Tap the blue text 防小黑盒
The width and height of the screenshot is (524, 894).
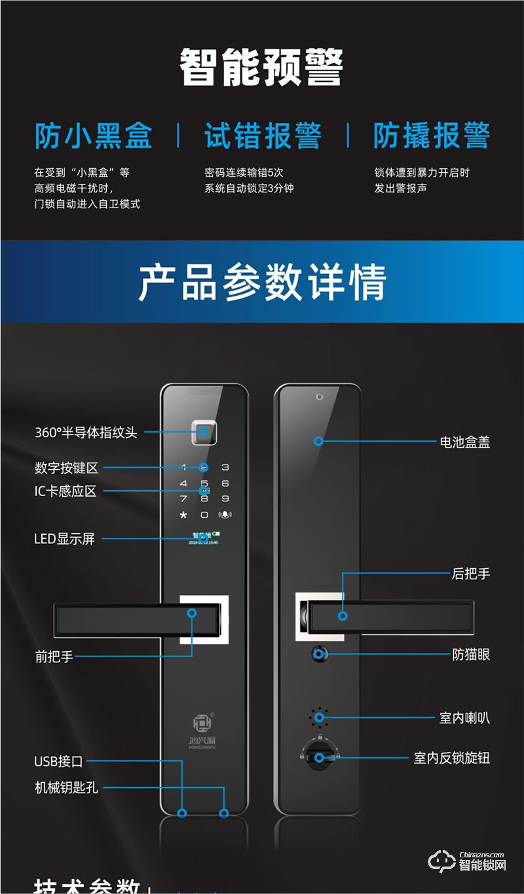coord(93,135)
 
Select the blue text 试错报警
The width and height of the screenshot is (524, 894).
coord(263,135)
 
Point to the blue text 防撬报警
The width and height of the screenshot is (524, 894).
coord(432,135)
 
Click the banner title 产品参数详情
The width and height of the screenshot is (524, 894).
coord(262,283)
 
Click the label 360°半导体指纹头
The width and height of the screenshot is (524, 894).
coord(86,433)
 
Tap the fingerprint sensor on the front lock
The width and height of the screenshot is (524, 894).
coord(204,432)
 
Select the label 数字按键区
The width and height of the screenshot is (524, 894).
coord(66,468)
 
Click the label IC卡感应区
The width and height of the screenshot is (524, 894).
coord(65,491)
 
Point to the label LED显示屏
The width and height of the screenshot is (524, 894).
coord(64,539)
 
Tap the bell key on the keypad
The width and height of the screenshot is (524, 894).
coord(225,515)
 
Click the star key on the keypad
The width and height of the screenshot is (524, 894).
coord(184,516)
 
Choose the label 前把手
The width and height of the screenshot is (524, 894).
coord(54,656)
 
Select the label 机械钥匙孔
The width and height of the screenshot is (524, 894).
coord(66,787)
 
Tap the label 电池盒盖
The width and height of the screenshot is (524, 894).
coord(464,442)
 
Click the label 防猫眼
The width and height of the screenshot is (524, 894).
coord(471,654)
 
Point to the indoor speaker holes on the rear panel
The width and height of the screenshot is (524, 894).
coord(319,717)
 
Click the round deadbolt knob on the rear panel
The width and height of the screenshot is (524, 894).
coord(319,757)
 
